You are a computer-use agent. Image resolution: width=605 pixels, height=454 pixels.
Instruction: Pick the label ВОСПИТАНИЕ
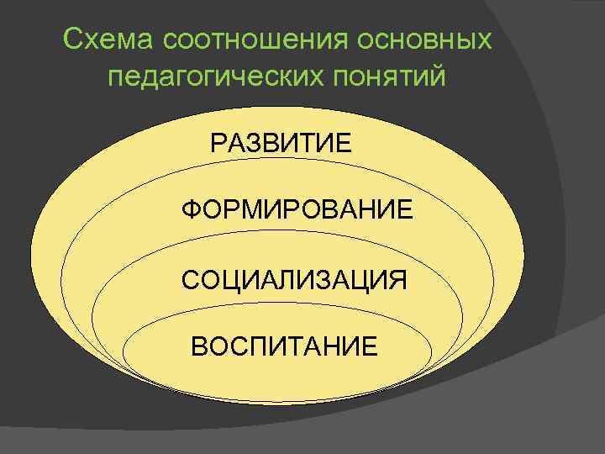click(x=285, y=346)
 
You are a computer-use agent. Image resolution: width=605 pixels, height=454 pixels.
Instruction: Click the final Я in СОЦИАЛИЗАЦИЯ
click(x=397, y=279)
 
